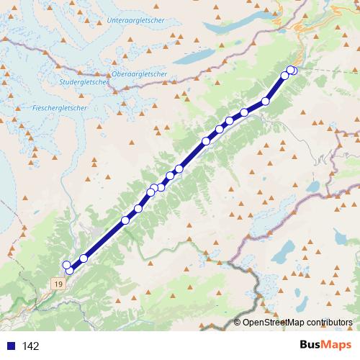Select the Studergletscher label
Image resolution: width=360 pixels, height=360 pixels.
tap(85, 81)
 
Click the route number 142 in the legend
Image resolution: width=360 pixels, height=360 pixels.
tap(30, 346)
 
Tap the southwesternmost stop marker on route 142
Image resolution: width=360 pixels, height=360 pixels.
tap(70, 271)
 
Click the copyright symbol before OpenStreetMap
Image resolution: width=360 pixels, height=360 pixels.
tap(238, 322)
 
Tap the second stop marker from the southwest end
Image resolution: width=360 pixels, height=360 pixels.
tap(66, 264)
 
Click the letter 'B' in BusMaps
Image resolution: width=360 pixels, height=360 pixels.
tap(304, 346)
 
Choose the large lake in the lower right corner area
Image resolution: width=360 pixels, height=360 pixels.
tap(287, 249)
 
